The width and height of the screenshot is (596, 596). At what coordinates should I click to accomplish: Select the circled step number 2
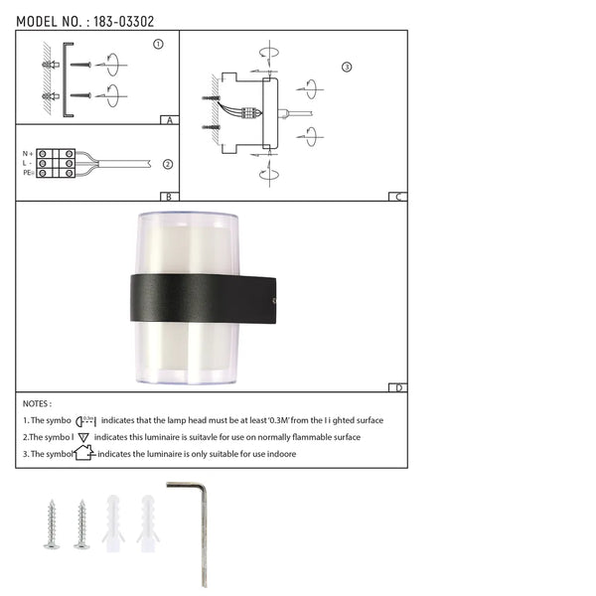click(168, 165)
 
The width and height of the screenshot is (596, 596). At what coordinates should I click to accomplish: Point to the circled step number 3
click(346, 68)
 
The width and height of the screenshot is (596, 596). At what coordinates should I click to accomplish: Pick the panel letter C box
click(397, 197)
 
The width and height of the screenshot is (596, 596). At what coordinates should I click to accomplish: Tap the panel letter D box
click(397, 388)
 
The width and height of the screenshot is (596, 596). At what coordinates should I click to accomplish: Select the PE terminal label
click(28, 173)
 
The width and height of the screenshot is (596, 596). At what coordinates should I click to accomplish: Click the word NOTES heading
click(37, 404)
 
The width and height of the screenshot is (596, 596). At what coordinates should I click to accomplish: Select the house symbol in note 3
click(83, 452)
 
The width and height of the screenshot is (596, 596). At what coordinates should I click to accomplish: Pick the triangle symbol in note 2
click(83, 436)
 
